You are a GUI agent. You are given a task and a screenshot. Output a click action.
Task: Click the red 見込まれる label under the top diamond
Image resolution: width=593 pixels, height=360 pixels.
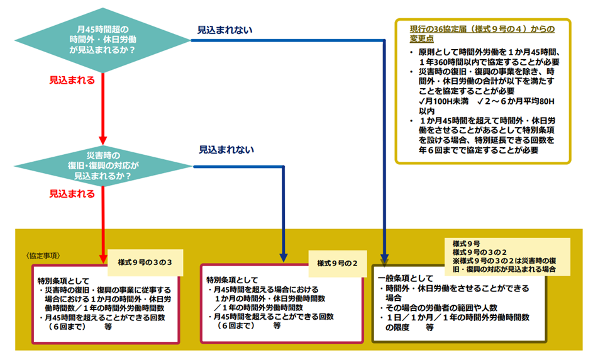72,80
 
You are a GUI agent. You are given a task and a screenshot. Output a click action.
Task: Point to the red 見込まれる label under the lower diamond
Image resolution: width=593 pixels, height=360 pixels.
72,195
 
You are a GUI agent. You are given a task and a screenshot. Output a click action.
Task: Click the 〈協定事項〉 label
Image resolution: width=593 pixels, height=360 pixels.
45,256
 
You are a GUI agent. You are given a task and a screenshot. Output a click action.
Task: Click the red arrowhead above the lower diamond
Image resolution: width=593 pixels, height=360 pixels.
103,141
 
